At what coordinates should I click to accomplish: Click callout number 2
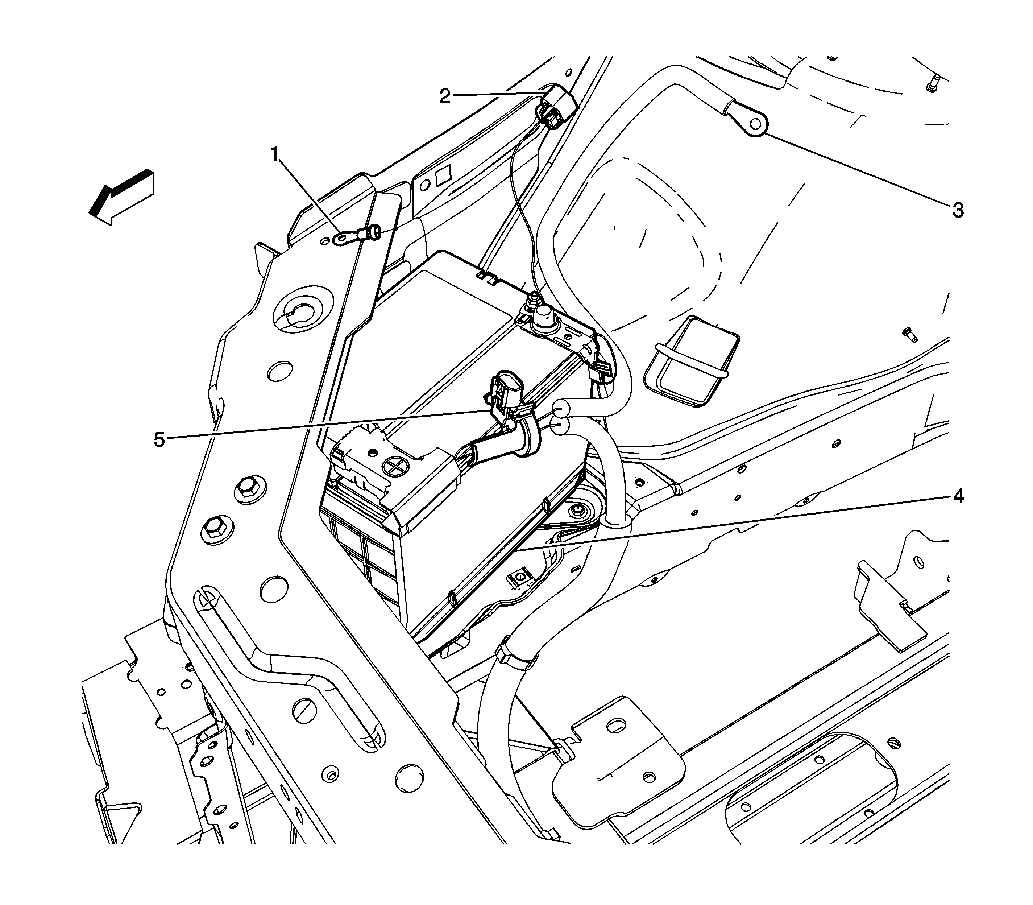point(444,96)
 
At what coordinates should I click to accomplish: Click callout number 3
point(958,210)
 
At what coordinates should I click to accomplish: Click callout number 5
point(159,439)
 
